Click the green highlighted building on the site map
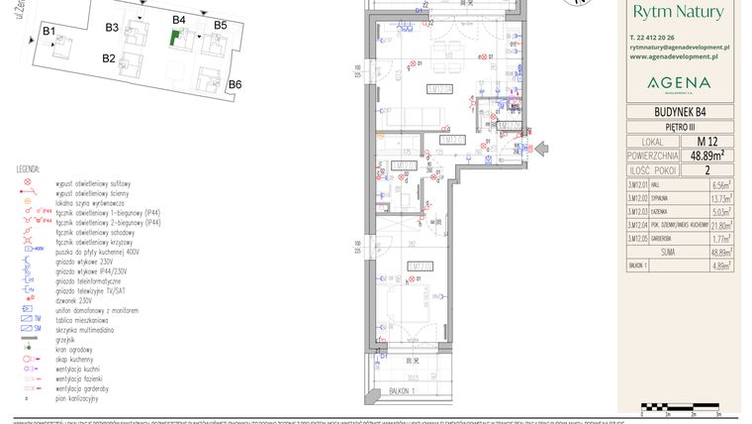pyautogui.click(x=175, y=39)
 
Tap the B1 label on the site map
pyautogui.click(x=47, y=32)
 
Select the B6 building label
pyautogui.click(x=235, y=85)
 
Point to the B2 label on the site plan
pyautogui.click(x=109, y=58)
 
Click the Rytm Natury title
pyautogui.click(x=679, y=13)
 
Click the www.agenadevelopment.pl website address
pyautogui.click(x=679, y=56)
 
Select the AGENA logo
pyautogui.click(x=678, y=81)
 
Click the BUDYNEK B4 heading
pyautogui.click(x=679, y=112)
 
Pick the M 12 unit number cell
pyautogui.click(x=706, y=142)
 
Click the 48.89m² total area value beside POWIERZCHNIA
pyautogui.click(x=706, y=156)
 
